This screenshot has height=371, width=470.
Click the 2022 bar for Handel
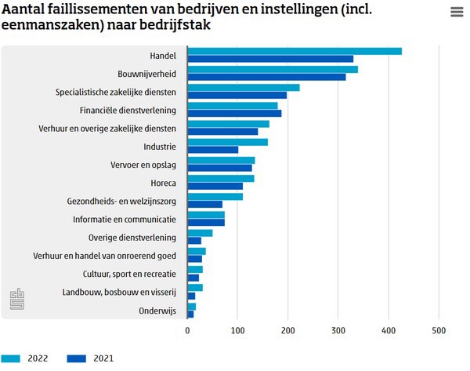pos(295,52)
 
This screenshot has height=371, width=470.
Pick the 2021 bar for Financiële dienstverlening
pos(234,113)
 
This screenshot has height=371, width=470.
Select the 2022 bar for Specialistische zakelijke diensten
pos(244,88)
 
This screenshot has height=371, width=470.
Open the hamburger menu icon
pos(457,12)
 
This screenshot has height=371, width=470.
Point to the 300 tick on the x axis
pos(338,330)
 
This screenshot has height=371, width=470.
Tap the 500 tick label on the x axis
pos(438,330)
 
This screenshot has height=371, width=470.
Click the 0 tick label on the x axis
pos(188,330)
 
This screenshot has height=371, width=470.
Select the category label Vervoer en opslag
pos(143,165)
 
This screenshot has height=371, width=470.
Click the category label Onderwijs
pos(154,310)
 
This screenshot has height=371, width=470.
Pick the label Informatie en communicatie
pos(125,219)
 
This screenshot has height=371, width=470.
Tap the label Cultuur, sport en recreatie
pos(129,274)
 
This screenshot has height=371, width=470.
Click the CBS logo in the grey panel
pos(17,298)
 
